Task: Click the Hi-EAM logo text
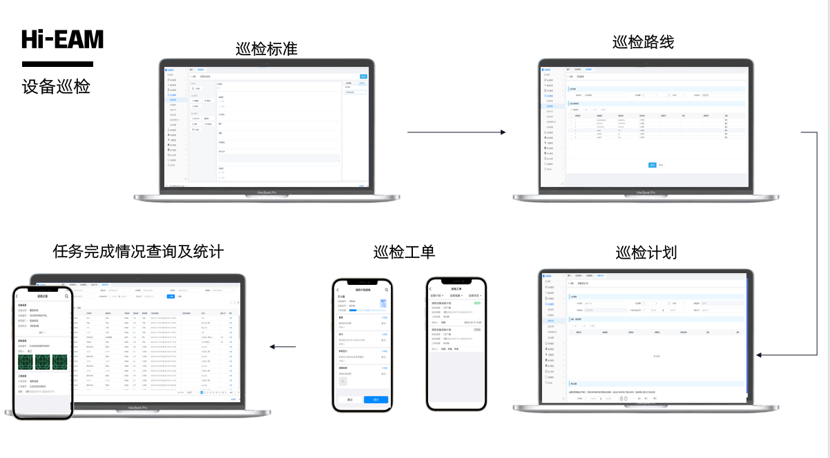tap(62, 39)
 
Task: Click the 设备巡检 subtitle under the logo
tap(56, 87)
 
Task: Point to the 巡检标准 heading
tap(267, 50)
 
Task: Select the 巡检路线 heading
tap(643, 42)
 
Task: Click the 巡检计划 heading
tap(646, 252)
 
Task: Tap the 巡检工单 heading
tap(404, 252)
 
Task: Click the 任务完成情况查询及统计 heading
tap(138, 251)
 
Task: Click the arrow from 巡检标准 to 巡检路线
tap(456, 132)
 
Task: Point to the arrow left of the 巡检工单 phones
tap(282, 347)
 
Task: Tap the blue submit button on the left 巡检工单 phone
tap(376, 399)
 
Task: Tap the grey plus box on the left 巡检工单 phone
tap(342, 381)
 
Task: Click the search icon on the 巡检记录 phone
tap(66, 296)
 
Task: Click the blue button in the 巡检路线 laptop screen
tap(652, 165)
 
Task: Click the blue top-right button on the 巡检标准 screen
tap(363, 76)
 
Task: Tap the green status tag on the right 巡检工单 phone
tap(477, 303)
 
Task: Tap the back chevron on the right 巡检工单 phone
tap(431, 289)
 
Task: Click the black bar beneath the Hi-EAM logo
tap(57, 64)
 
